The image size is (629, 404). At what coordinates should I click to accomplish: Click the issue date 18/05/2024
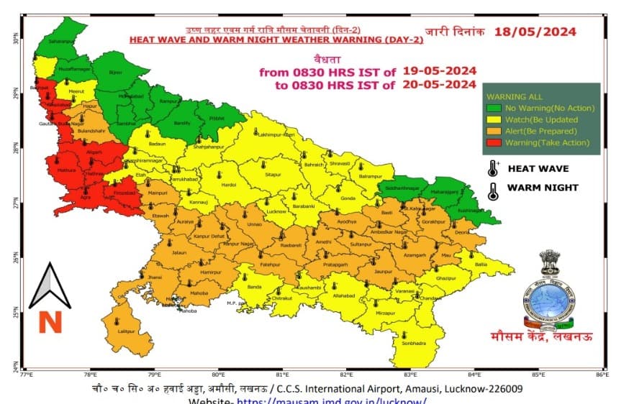pyautogui.click(x=533, y=32)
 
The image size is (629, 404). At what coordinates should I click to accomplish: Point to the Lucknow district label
pyautogui.click(x=276, y=212)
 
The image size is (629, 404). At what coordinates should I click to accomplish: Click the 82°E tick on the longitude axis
pyautogui.click(x=346, y=375)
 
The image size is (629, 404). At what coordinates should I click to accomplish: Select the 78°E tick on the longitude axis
pyautogui.click(x=90, y=375)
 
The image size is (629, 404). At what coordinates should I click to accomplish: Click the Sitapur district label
pyautogui.click(x=273, y=174)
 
